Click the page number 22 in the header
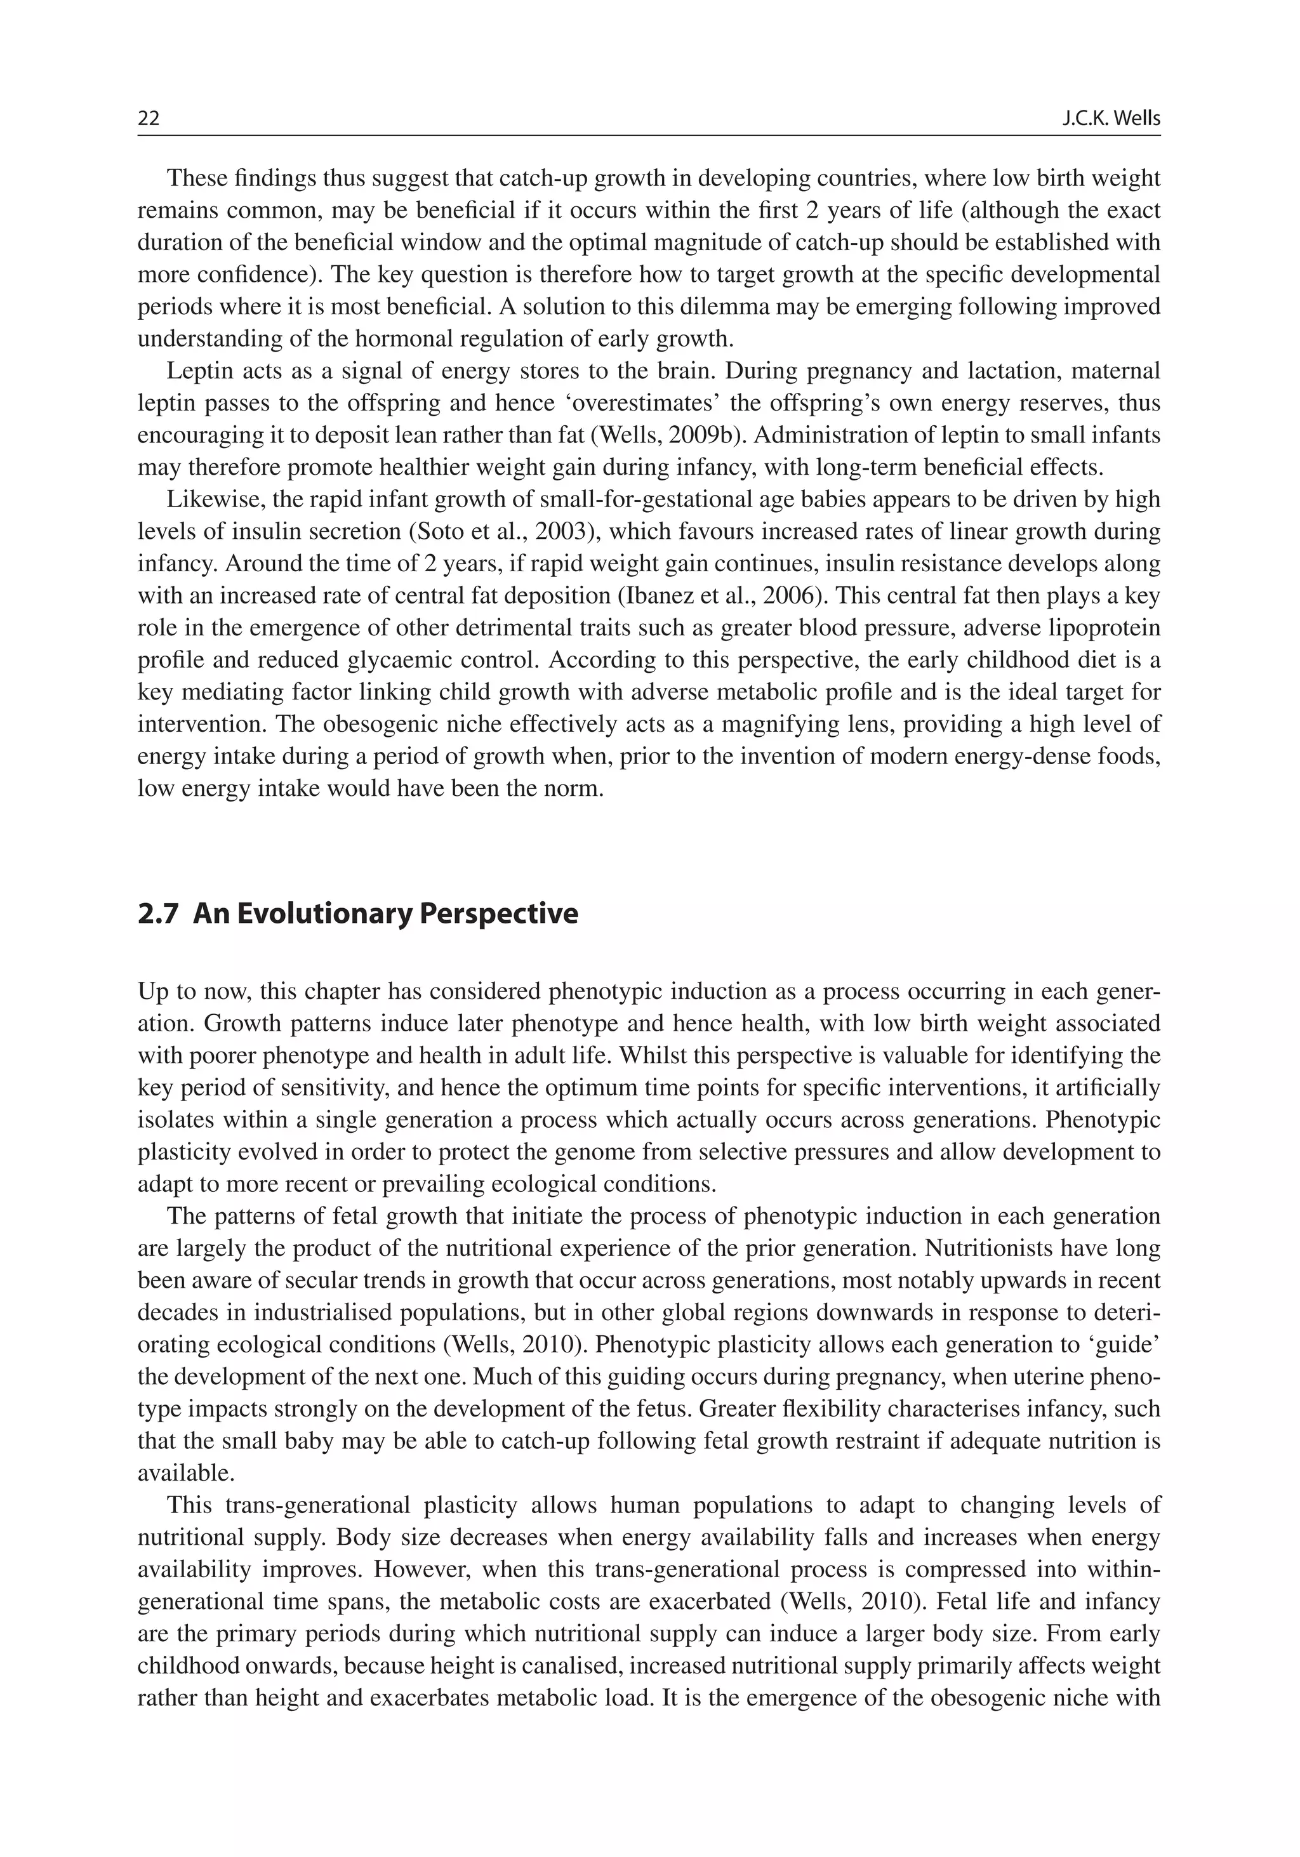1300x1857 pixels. (x=149, y=119)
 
